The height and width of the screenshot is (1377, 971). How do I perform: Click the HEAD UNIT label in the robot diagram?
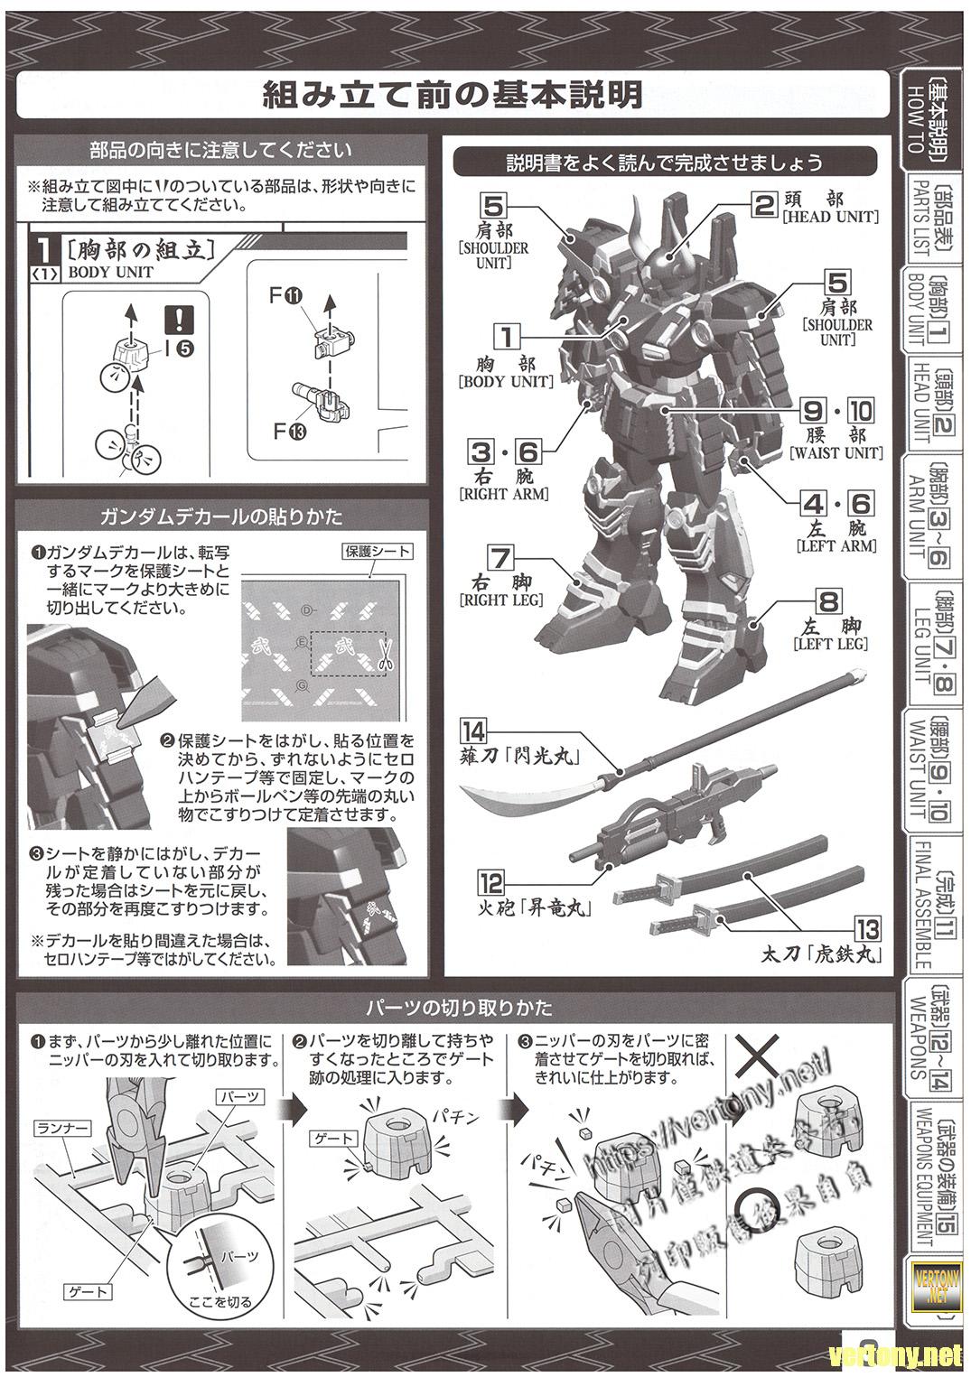tap(831, 217)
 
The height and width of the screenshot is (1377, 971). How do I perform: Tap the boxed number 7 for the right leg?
tap(500, 558)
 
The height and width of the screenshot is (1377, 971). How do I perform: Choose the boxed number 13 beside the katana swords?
tap(867, 929)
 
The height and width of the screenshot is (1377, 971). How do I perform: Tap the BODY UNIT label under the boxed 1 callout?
tap(506, 382)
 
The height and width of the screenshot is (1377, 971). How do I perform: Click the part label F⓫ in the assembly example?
tap(289, 295)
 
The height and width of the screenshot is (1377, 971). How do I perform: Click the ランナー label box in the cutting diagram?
tap(63, 1127)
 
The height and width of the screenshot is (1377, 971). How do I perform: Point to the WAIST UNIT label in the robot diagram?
tap(836, 453)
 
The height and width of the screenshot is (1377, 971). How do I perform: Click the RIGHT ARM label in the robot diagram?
tap(503, 494)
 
